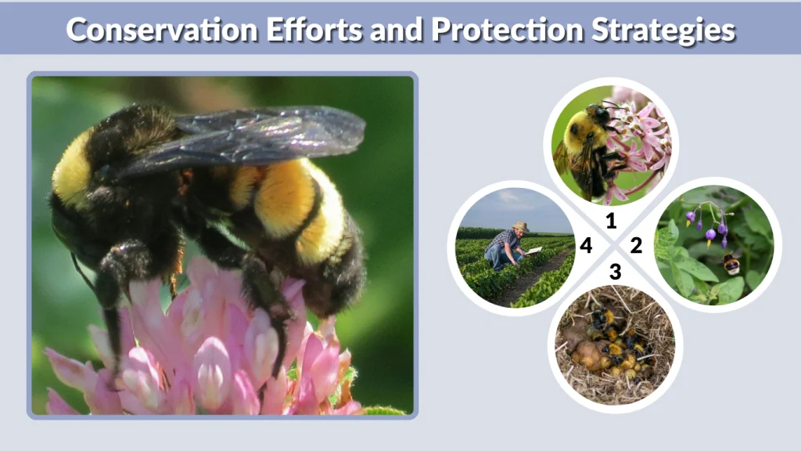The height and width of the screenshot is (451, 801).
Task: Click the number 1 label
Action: click(612, 221)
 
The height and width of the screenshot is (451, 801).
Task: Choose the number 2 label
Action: click(636, 246)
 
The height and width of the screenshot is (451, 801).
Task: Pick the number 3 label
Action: click(616, 272)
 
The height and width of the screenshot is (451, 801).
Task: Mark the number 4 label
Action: click(586, 246)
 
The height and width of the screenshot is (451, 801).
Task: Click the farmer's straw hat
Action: click(520, 227)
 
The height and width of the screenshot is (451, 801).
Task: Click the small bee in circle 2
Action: click(731, 265)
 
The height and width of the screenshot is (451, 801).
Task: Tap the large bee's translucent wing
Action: click(258, 137)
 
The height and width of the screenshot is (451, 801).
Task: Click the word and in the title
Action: click(399, 30)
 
